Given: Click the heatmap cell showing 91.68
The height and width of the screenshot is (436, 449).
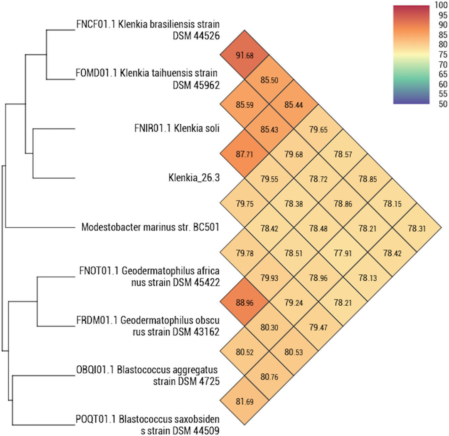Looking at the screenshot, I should [x=245, y=55].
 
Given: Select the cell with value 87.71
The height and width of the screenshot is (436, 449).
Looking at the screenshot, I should [x=245, y=154].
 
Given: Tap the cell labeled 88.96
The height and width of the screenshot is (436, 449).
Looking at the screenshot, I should [x=245, y=303].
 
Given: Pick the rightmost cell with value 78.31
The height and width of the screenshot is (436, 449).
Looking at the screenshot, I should [x=417, y=228].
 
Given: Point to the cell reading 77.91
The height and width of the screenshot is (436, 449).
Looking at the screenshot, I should [x=343, y=253].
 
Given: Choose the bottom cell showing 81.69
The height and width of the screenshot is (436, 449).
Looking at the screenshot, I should [x=245, y=402].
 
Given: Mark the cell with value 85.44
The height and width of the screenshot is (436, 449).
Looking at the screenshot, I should [x=294, y=104].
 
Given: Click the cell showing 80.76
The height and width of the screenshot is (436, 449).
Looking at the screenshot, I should [x=269, y=377].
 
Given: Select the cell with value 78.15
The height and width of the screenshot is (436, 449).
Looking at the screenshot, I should [x=392, y=204].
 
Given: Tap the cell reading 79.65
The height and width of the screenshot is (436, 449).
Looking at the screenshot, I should [x=318, y=130].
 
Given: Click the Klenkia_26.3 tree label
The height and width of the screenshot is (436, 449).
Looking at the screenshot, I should [x=194, y=178].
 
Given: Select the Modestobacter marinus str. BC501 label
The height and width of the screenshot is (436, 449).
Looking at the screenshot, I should [x=150, y=227].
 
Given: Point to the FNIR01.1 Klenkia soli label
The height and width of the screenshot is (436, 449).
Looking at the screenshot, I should [x=177, y=129].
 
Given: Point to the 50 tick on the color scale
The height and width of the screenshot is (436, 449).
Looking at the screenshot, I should [x=443, y=104].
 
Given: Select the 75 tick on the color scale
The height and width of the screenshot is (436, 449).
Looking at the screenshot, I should [x=443, y=55].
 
